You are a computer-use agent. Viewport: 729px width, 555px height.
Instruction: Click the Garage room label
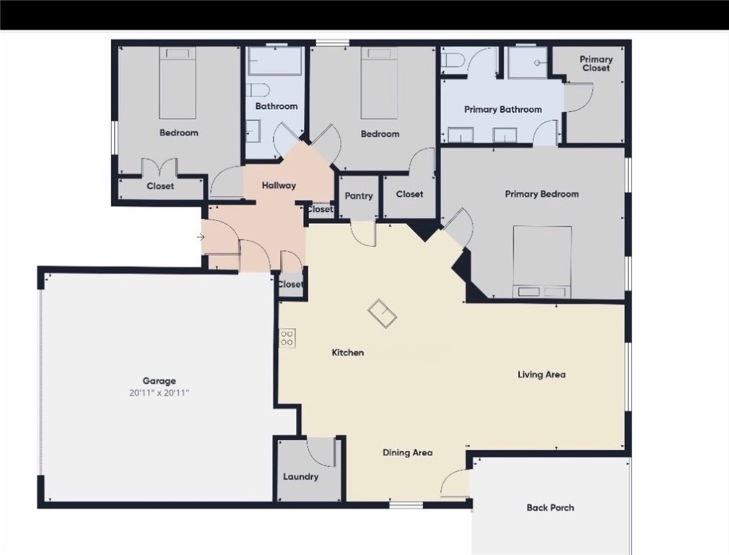click(x=159, y=381)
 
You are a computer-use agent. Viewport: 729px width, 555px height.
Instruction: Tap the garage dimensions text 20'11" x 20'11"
click(x=159, y=393)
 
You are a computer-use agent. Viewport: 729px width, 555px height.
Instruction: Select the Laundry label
click(x=300, y=477)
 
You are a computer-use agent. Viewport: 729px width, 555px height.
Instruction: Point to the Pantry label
click(x=359, y=196)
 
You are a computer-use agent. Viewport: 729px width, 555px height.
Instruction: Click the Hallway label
click(x=279, y=186)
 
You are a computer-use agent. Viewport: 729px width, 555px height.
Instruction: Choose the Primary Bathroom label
click(x=502, y=110)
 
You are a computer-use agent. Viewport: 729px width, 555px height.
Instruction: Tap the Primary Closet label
click(x=596, y=64)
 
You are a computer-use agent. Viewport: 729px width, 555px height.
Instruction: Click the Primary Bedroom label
click(x=541, y=194)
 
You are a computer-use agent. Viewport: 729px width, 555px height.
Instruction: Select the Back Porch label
click(x=550, y=508)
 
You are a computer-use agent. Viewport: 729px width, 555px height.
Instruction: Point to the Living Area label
click(x=541, y=374)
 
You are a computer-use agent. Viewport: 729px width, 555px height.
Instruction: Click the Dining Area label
click(x=407, y=452)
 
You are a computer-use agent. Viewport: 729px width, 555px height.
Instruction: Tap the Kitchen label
click(x=347, y=353)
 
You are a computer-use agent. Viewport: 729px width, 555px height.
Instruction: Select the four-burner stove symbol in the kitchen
click(x=287, y=337)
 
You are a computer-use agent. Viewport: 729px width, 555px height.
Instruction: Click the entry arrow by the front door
click(x=200, y=237)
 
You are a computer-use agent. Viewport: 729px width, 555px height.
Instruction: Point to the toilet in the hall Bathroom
click(x=257, y=90)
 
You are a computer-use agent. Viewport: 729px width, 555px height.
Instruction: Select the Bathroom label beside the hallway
click(x=276, y=106)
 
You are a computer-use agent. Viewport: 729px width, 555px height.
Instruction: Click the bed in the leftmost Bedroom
click(x=178, y=83)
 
